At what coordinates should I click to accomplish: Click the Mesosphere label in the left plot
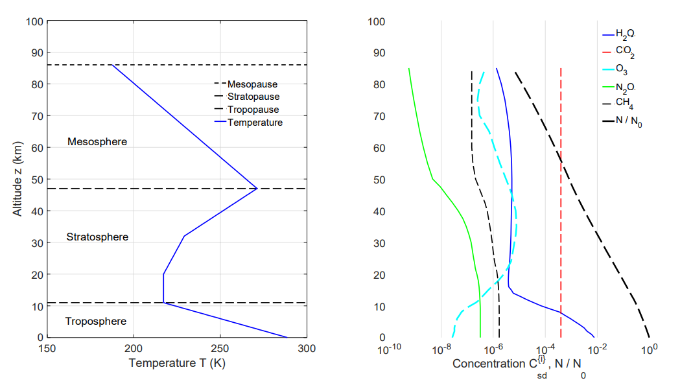(97, 141)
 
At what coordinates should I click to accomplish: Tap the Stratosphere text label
(97, 237)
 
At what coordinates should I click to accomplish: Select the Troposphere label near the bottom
(97, 322)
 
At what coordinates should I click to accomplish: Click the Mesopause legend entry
(252, 84)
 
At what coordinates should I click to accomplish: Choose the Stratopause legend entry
(253, 97)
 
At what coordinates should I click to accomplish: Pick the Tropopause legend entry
(253, 110)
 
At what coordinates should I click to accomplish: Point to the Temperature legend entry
(255, 122)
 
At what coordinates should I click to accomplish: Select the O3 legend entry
(621, 69)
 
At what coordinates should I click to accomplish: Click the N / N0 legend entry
(628, 121)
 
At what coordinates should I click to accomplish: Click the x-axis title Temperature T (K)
(177, 363)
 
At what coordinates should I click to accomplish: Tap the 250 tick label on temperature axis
(220, 349)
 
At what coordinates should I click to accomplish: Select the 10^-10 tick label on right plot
(388, 349)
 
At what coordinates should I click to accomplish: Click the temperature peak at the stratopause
(257, 189)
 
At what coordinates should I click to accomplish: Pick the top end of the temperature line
(111, 65)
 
